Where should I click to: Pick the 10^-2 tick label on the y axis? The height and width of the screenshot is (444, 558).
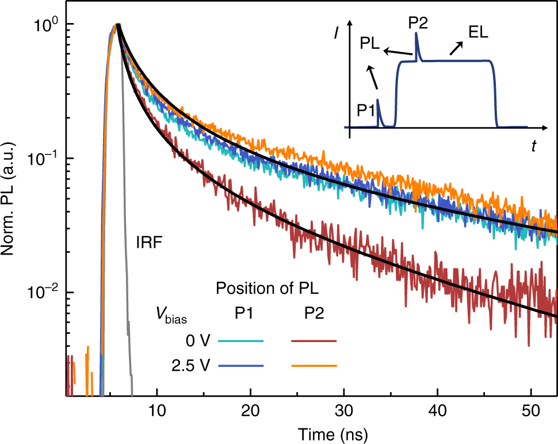click(x=45, y=293)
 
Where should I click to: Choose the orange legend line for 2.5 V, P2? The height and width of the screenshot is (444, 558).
click(x=314, y=366)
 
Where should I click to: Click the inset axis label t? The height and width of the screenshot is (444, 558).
click(x=534, y=146)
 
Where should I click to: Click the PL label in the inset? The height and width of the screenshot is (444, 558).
click(x=370, y=44)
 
